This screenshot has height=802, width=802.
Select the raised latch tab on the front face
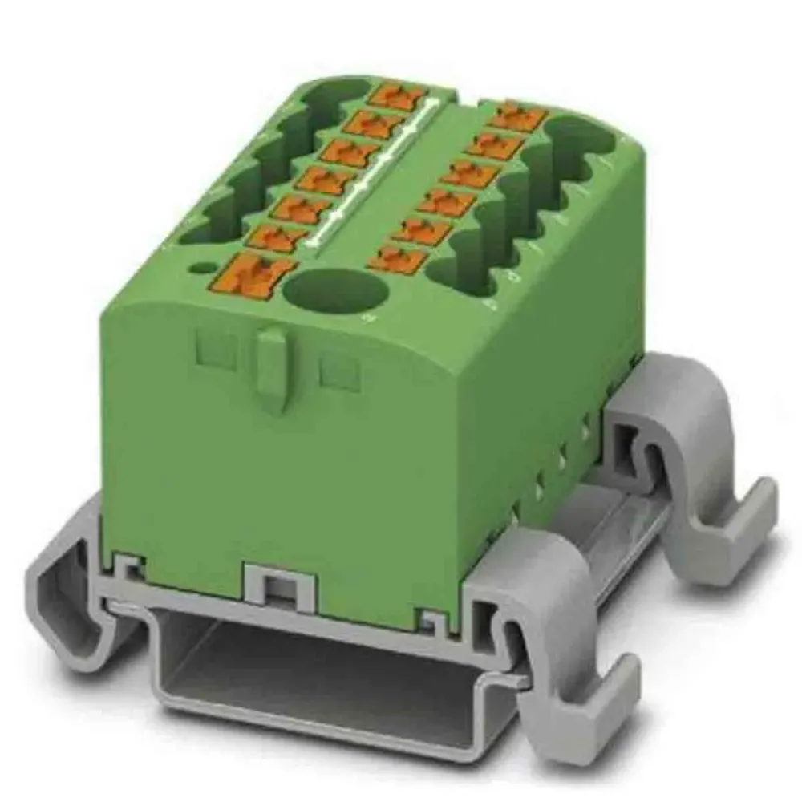click(273, 369)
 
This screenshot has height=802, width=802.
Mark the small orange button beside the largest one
click(276, 237)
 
